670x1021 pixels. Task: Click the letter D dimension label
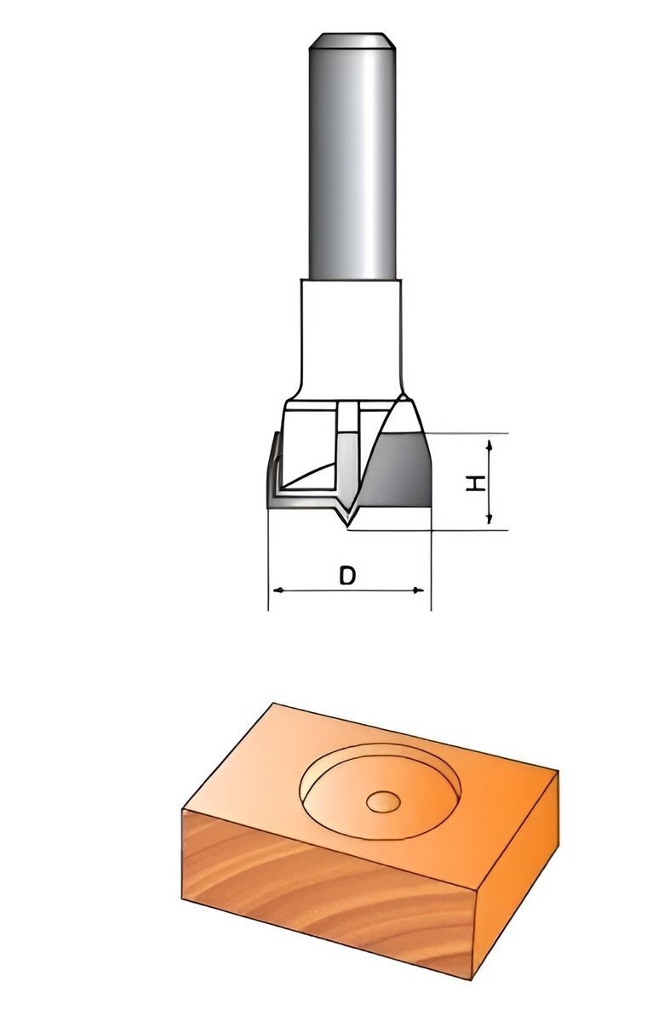pyautogui.click(x=346, y=576)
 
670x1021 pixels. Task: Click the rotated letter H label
pyautogui.click(x=477, y=482)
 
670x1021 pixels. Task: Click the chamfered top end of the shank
pyautogui.click(x=352, y=41)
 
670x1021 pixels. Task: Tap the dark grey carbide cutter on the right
pyautogui.click(x=402, y=472)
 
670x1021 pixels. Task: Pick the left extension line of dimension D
pyautogui.click(x=268, y=562)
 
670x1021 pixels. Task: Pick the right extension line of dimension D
pyautogui.click(x=431, y=562)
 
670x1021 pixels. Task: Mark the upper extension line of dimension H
pyautogui.click(x=468, y=434)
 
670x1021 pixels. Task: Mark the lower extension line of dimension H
pyautogui.click(x=443, y=529)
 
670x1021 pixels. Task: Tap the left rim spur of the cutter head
pyautogui.click(x=273, y=464)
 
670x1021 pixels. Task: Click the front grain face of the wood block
pyautogui.click(x=324, y=893)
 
